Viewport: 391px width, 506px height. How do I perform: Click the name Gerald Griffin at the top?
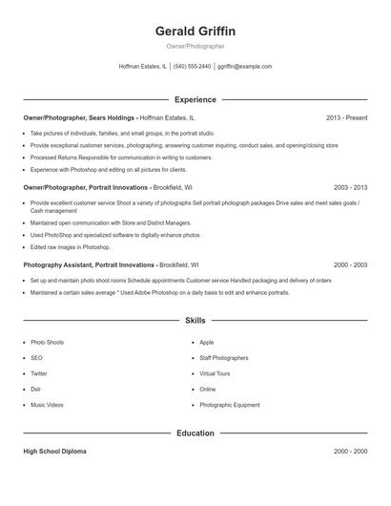[195, 31]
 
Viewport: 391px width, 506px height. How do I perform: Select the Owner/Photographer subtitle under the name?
[195, 46]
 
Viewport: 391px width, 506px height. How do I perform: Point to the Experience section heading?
[195, 99]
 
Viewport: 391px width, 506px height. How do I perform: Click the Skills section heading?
[195, 321]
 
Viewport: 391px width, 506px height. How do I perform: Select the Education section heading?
[195, 432]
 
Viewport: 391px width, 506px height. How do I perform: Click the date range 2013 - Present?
[346, 117]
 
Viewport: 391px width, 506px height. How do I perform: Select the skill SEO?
[37, 358]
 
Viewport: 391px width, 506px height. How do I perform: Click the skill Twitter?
[39, 373]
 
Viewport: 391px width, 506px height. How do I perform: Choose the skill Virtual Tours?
[215, 373]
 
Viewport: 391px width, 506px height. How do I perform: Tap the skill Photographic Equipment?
[229, 405]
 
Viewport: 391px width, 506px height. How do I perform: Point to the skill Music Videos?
[47, 405]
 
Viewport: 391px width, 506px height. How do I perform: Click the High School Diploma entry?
[54, 451]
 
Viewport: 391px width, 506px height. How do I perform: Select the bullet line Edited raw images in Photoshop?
[70, 246]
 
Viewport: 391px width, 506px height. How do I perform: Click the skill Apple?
[207, 342]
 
